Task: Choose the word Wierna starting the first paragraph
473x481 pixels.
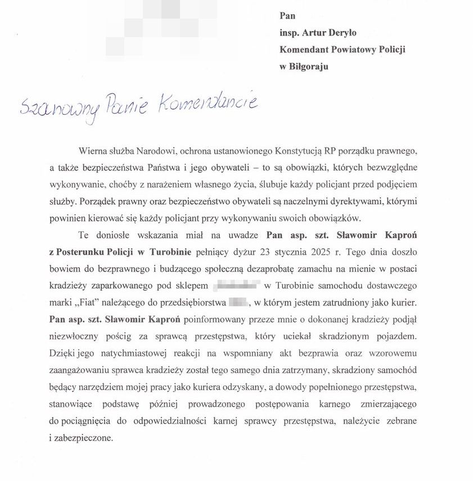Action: point(92,151)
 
